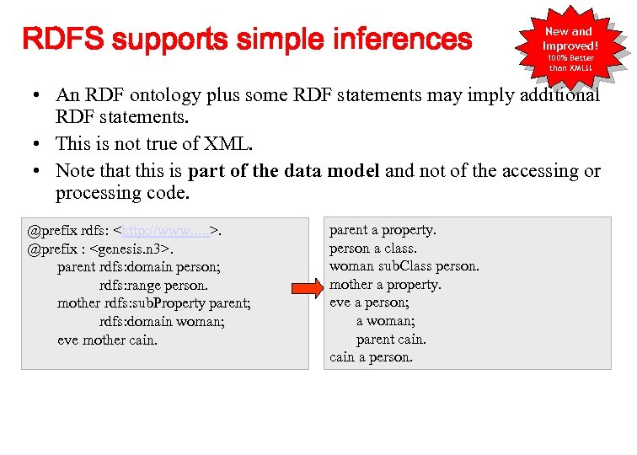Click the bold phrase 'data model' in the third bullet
click(332, 170)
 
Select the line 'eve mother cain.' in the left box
click(108, 340)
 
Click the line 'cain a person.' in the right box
click(371, 357)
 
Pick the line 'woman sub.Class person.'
click(404, 266)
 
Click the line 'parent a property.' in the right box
click(383, 229)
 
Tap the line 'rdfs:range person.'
click(153, 285)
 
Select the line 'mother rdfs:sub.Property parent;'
click(154, 303)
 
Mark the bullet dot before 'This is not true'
click(40, 145)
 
